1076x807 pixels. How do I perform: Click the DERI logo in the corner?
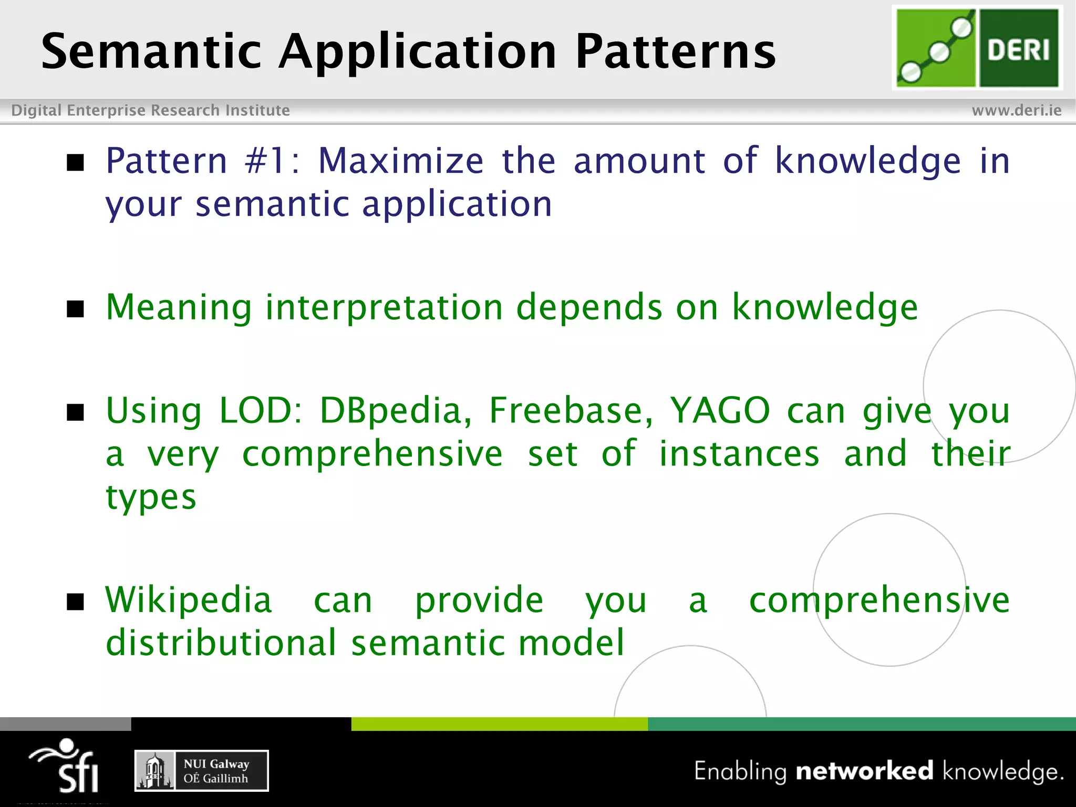pos(977,48)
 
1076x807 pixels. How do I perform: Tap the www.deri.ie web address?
pos(1016,110)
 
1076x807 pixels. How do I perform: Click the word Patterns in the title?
pos(675,51)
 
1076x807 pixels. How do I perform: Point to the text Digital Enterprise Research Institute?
pos(150,110)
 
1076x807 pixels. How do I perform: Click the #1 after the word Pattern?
pos(266,161)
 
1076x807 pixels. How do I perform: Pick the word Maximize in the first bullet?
pos(400,161)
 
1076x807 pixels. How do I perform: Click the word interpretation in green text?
pos(384,308)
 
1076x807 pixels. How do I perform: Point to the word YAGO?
pos(719,411)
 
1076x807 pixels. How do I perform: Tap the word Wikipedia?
pos(189,600)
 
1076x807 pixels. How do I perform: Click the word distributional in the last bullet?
pos(221,643)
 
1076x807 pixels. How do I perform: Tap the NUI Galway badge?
pos(202,771)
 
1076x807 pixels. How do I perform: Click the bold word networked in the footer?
pos(864,771)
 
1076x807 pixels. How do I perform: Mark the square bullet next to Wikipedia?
pos(76,602)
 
